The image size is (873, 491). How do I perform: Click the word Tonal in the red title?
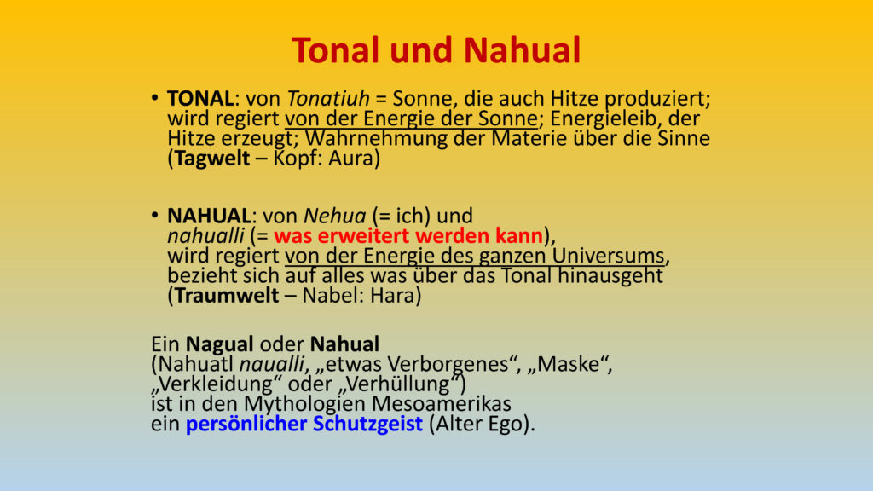336,50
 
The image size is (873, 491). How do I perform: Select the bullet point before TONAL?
155,99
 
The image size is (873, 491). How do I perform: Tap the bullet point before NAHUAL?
155,216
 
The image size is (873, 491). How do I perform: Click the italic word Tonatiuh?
328,99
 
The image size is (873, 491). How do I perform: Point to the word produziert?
657,100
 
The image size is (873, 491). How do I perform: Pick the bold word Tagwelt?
212,159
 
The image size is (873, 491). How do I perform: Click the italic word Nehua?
334,216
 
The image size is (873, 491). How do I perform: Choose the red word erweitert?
364,236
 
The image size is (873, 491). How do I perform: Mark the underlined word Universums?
609,256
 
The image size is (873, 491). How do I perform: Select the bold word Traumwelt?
227,296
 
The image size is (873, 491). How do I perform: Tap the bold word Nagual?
219,344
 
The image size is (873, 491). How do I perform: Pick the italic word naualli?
272,365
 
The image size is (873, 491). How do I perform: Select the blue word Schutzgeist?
367,425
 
